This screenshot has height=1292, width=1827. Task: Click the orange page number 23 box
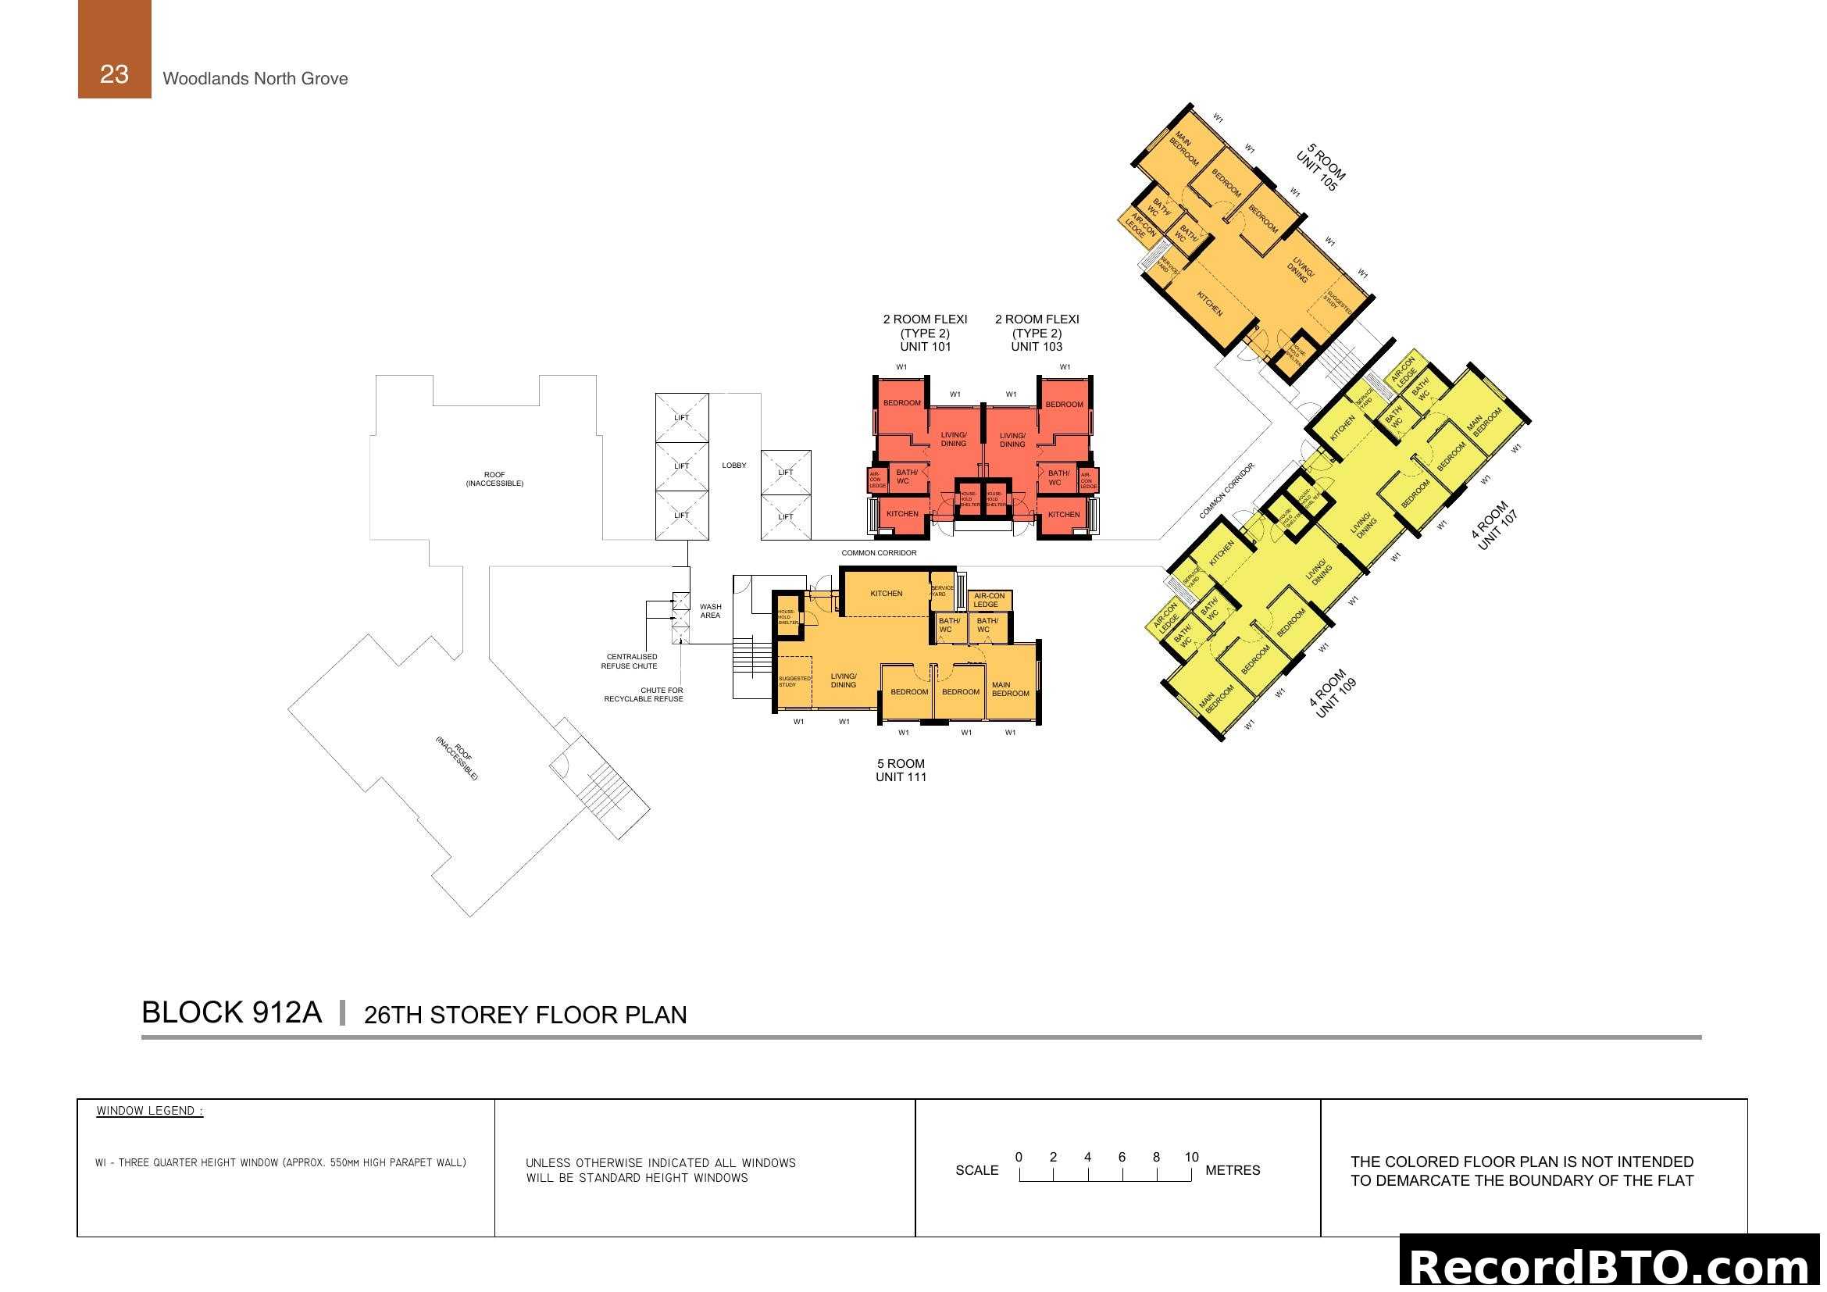point(114,49)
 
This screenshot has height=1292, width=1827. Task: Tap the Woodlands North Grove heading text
point(255,79)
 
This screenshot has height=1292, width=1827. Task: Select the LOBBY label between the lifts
point(733,466)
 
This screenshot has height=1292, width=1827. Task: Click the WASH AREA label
point(710,611)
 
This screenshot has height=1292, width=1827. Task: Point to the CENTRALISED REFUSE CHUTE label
point(630,661)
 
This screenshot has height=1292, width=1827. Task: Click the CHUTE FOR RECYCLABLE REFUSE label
point(644,694)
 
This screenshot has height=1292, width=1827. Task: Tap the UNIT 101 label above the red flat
point(925,347)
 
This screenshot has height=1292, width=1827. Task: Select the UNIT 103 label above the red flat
point(1036,347)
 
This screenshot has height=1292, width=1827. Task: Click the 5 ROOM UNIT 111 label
point(901,770)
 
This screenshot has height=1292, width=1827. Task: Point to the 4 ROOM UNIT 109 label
point(1333,693)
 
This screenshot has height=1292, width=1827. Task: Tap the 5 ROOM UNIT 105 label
point(1320,167)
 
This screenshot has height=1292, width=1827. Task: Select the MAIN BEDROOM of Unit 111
point(1010,689)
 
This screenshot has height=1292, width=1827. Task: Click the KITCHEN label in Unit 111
point(886,594)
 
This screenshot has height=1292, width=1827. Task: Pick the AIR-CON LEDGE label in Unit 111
point(988,600)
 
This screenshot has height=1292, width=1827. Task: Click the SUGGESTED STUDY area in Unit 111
point(794,681)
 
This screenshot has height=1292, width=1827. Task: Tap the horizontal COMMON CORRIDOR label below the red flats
point(879,553)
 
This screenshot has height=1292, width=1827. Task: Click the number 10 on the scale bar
point(1190,1157)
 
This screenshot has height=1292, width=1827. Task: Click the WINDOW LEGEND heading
point(150,1111)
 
